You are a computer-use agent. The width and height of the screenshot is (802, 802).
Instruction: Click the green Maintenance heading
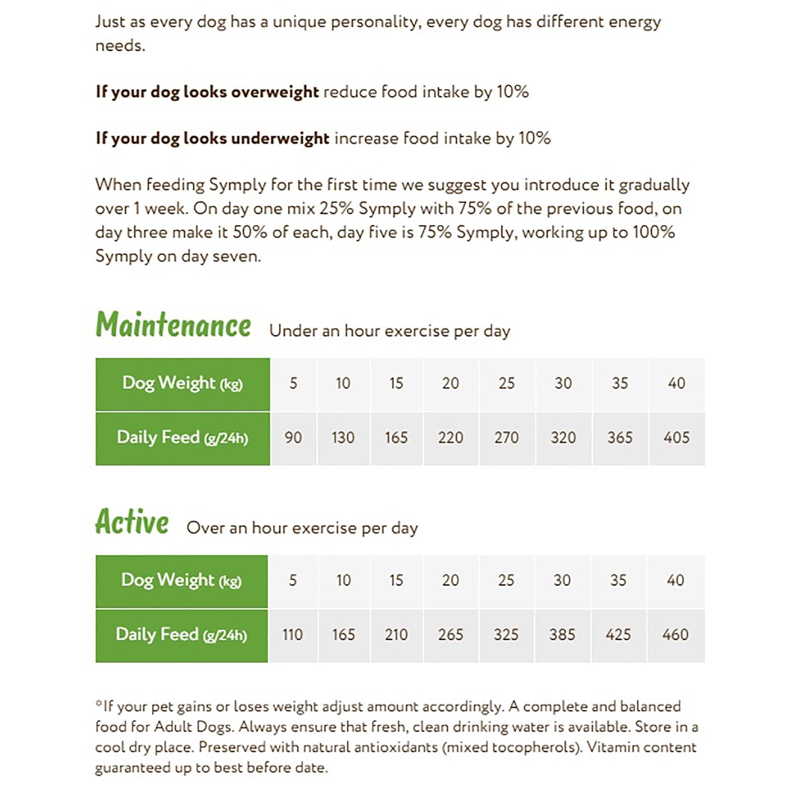click(x=173, y=325)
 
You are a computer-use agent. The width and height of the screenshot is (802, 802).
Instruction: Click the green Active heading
click(x=132, y=522)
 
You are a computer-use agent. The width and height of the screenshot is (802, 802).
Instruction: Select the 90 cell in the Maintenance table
click(x=293, y=437)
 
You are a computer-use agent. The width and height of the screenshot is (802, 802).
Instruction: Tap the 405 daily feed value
click(x=676, y=437)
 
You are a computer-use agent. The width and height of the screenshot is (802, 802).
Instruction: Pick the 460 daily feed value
click(x=675, y=635)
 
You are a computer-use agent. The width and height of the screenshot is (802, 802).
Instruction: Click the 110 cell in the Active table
click(x=292, y=635)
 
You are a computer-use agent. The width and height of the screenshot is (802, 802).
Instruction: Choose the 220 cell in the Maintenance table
click(x=450, y=437)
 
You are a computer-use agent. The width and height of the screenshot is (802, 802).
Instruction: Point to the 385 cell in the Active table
click(x=562, y=635)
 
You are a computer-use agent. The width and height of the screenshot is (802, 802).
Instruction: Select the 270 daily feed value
click(x=506, y=437)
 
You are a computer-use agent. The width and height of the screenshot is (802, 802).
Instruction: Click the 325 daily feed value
click(x=506, y=635)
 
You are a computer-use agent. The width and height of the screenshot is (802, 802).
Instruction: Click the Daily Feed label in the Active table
click(x=181, y=635)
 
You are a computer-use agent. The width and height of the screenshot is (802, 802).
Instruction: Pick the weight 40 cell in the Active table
click(x=675, y=580)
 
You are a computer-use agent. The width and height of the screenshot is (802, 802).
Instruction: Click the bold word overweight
click(x=275, y=92)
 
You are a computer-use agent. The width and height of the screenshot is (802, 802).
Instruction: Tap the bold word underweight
click(x=280, y=138)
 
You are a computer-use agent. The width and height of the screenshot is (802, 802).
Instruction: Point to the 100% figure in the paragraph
click(x=653, y=232)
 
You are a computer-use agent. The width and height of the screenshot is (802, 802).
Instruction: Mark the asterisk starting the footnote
click(x=98, y=703)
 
